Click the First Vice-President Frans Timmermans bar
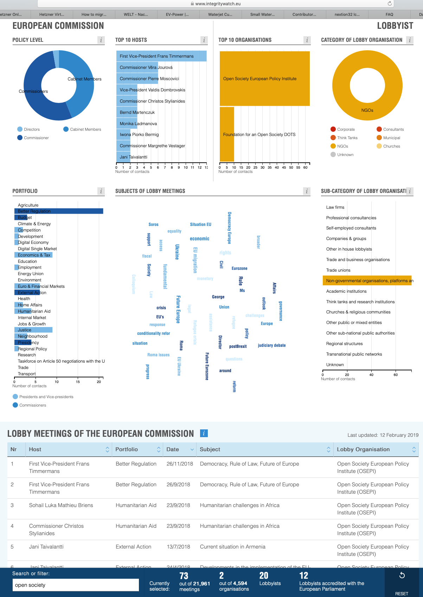161,56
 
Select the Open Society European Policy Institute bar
264,79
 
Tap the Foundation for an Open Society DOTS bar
227,135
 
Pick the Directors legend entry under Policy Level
31,129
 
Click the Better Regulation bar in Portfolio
59,211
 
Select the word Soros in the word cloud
153,225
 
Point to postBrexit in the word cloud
238,346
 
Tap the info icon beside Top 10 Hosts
204,40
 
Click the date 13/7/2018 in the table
178,547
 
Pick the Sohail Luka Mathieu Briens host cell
61,505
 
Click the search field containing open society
76,585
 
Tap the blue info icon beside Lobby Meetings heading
204,433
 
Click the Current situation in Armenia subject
232,547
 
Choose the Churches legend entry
391,146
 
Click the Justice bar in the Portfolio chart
33,330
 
